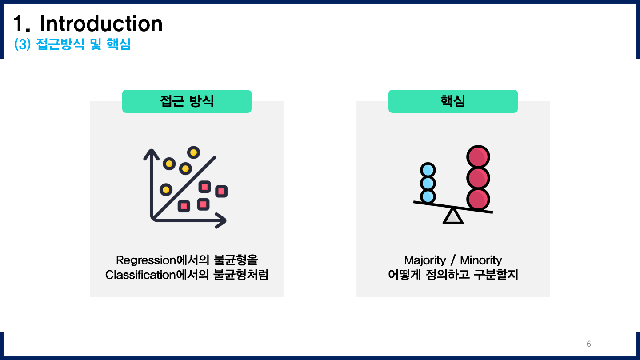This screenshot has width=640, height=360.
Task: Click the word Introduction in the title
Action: [x=101, y=24]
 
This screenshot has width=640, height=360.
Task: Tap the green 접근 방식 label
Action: [x=187, y=101]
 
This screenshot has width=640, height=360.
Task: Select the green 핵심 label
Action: [x=453, y=101]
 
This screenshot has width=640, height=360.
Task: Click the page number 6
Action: [x=589, y=344]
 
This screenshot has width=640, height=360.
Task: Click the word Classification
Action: [x=138, y=275]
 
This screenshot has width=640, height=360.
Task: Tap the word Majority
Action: [x=424, y=260]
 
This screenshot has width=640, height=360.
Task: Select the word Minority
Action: [x=481, y=260]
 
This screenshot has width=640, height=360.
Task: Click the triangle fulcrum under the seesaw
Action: [x=453, y=216]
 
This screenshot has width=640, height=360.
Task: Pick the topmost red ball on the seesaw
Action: [x=478, y=157]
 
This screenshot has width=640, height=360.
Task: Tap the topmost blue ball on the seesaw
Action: [x=428, y=170]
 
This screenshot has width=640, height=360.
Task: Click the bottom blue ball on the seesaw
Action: [x=428, y=196]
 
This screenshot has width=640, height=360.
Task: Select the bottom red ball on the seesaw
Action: [x=478, y=199]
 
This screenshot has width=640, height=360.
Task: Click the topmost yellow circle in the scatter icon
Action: [x=193, y=152]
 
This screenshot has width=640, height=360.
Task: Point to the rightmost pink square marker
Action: [x=221, y=191]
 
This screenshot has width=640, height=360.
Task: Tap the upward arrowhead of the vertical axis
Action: [x=151, y=153]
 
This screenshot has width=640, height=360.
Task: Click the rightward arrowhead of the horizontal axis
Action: [x=221, y=220]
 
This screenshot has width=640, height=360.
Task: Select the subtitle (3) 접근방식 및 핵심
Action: [x=72, y=45]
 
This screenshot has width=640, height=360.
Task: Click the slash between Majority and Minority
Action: [x=453, y=260]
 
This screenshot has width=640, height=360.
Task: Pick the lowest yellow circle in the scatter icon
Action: [x=166, y=190]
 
